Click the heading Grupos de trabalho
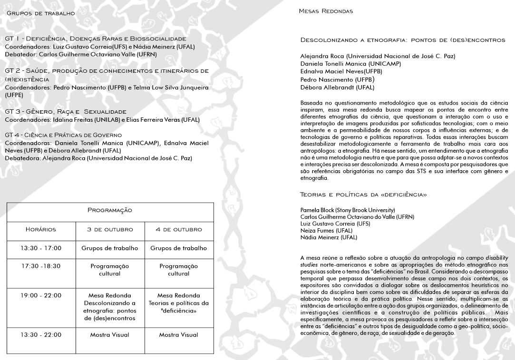40,13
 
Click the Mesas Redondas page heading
326,10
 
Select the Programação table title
110,210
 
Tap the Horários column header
41,229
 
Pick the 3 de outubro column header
110,229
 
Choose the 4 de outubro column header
179,229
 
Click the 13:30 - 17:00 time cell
41,248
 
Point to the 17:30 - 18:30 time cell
41,266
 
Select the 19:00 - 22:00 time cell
41,295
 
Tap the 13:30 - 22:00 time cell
41,335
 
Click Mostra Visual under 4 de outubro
179,335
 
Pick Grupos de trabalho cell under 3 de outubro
110,248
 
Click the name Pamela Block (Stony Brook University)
348,210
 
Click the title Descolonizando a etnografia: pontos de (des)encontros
403,40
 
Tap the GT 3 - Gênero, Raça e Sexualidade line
66,111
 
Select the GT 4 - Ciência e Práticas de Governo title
63,135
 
